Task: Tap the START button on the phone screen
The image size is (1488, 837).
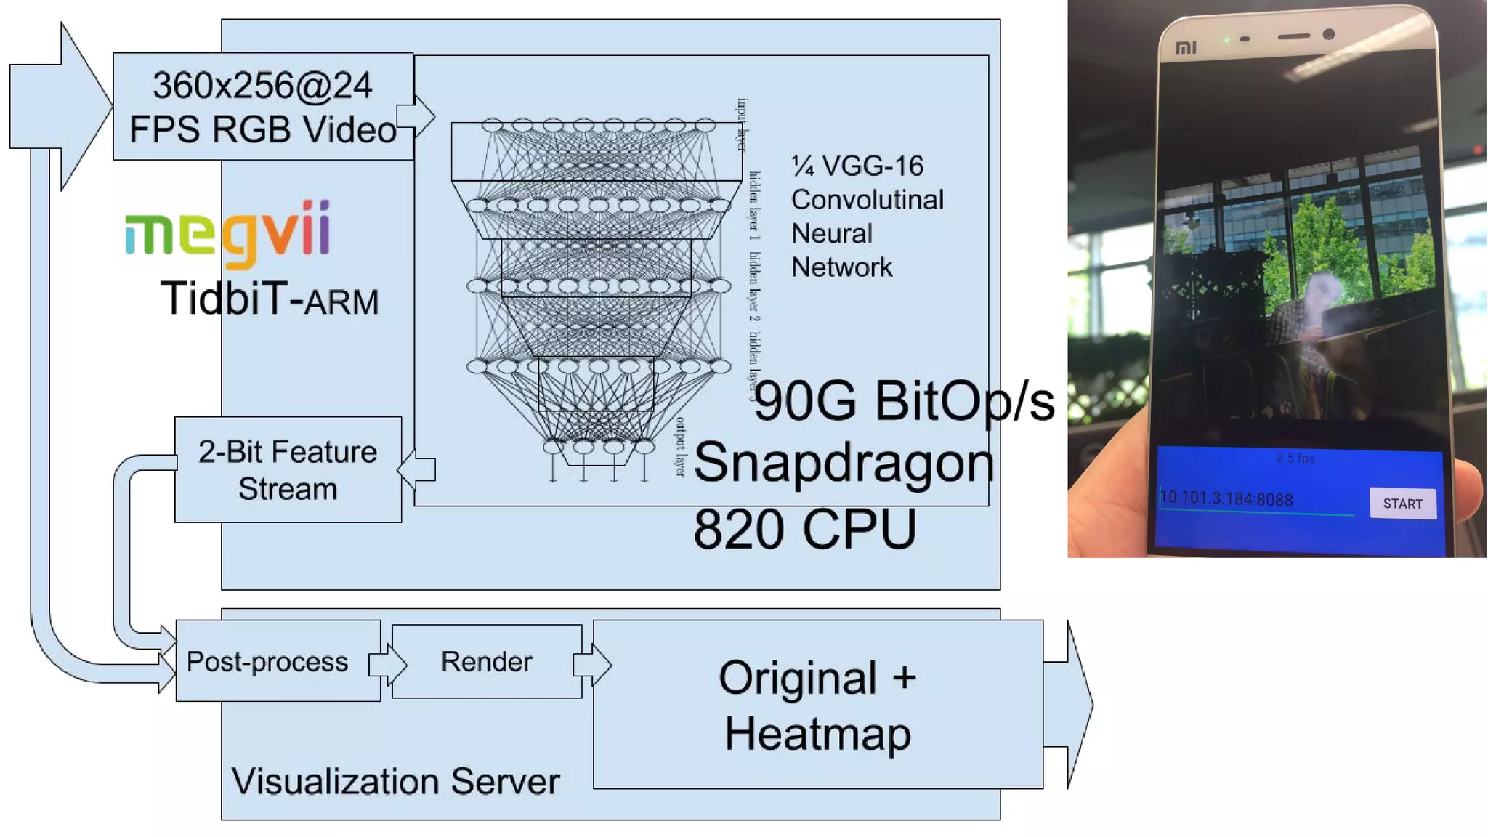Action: click(x=1402, y=504)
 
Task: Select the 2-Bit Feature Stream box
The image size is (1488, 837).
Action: click(x=288, y=469)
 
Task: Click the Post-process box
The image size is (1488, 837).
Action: click(x=267, y=661)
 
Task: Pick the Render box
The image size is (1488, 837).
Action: click(x=486, y=661)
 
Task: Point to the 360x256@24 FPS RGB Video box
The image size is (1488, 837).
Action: click(x=262, y=107)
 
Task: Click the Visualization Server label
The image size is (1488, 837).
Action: click(x=395, y=782)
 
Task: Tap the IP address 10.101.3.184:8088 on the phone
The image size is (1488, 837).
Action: click(x=1226, y=498)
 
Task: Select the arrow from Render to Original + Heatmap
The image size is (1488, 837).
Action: click(x=592, y=664)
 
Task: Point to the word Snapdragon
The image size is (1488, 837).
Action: click(x=844, y=463)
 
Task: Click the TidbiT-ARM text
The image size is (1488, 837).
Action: click(x=270, y=299)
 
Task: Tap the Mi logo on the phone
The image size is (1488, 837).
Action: click(x=1186, y=48)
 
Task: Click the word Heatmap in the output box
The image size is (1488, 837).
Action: click(x=817, y=734)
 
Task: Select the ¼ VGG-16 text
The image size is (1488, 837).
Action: click(x=857, y=166)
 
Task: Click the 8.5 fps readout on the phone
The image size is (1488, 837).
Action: click(x=1295, y=458)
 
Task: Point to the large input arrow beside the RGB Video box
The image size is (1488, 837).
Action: click(x=62, y=106)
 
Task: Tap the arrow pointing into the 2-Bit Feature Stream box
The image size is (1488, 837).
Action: click(x=417, y=469)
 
